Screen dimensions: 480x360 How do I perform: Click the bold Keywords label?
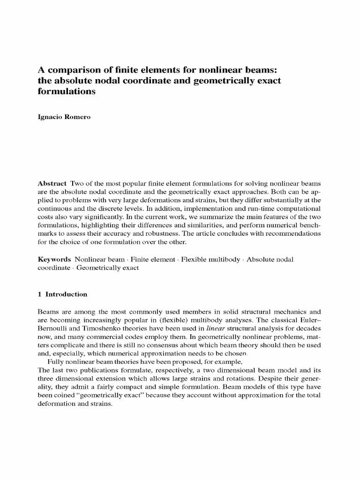point(54,259)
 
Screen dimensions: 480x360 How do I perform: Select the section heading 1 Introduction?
point(62,294)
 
